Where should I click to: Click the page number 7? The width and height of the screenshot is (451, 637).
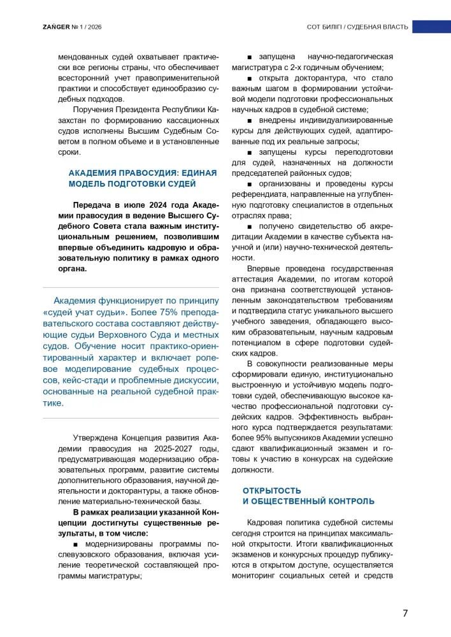point(405,613)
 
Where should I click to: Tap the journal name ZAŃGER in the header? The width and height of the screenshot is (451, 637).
point(39,27)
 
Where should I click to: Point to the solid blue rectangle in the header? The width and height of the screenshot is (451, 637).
point(431,27)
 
